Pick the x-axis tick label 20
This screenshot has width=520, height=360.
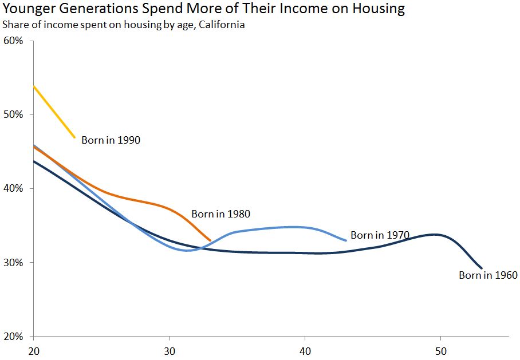34,350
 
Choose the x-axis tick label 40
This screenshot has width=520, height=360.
305,350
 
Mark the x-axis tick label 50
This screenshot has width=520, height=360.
440,350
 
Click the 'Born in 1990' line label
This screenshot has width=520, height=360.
111,140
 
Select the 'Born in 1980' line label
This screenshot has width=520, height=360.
220,214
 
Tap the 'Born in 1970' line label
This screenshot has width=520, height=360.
380,235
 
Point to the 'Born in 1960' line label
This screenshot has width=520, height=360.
488,275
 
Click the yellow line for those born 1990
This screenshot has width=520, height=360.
54,112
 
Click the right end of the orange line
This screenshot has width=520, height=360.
210,240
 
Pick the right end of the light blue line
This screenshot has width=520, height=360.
346,240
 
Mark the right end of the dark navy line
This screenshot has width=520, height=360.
482,268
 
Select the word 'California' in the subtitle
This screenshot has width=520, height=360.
222,25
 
